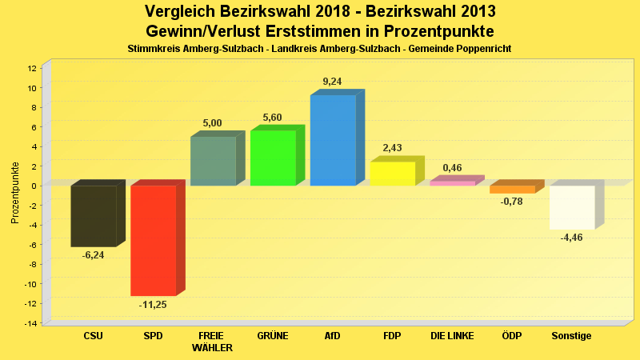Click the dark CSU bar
pos(94,216)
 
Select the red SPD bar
pos(153,241)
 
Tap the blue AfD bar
pos(333,141)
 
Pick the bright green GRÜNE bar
pos(273,158)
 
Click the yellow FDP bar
pos(392,174)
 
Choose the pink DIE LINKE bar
pos(452,183)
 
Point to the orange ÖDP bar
pos(512,190)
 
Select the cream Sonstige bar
pos(571,207)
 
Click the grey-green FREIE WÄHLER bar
pos(213,162)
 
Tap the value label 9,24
pos(332,82)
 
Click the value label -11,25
pos(153,305)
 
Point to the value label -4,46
pos(572,238)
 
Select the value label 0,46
pos(452,168)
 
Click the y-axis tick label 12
pos(32,68)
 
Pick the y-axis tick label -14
pos(30,323)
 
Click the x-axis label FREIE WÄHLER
pos(213,342)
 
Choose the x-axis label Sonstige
pos(572,336)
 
